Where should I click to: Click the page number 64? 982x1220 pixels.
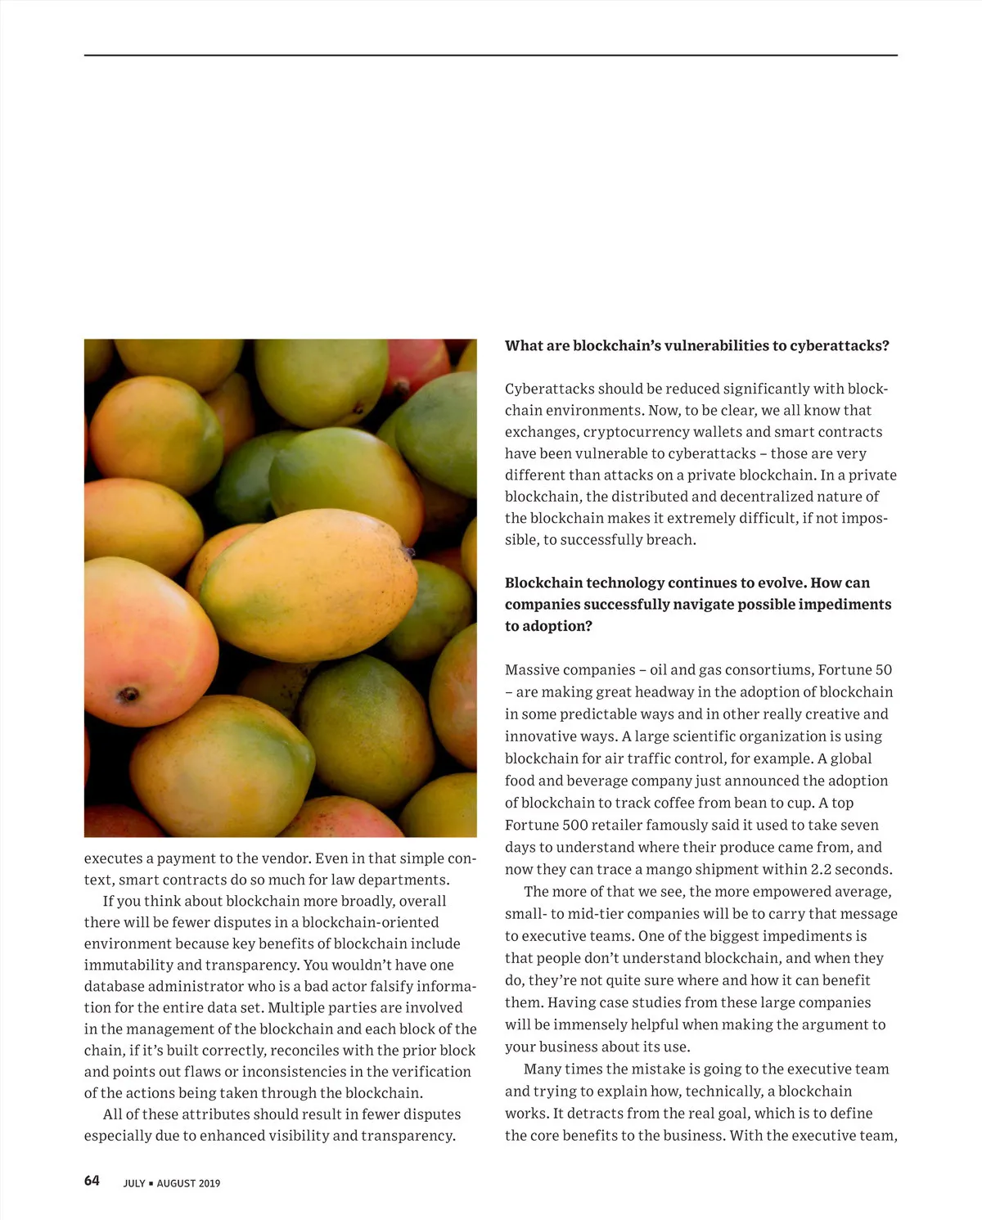point(92,1181)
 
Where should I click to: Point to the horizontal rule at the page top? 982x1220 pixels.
point(491,55)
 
